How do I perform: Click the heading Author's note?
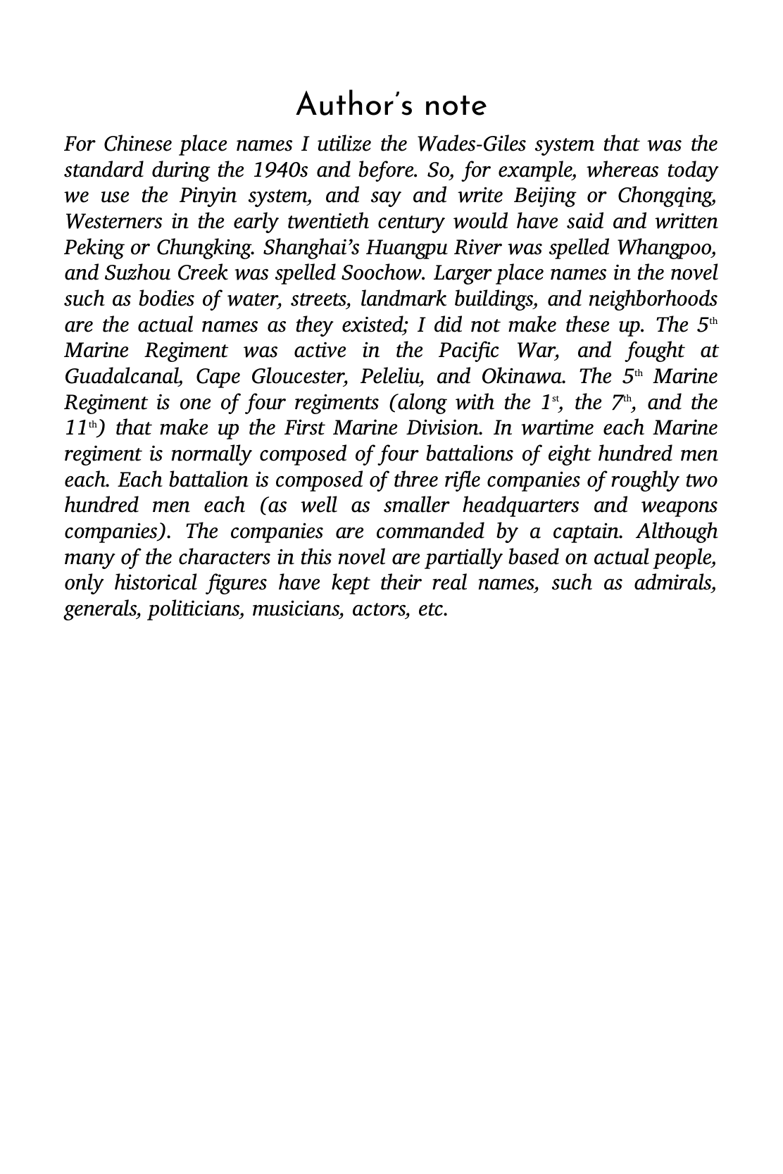click(391, 106)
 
